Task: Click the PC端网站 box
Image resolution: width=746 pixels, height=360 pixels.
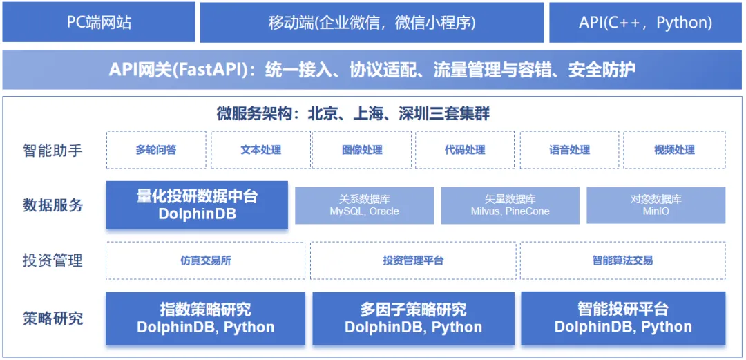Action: tap(99, 22)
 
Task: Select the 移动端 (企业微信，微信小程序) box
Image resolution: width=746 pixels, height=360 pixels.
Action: tap(372, 22)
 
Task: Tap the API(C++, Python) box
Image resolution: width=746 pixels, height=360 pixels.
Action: tap(646, 22)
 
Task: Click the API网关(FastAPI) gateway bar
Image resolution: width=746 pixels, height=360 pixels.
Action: tap(372, 70)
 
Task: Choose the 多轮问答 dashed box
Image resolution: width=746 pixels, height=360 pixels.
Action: tap(156, 150)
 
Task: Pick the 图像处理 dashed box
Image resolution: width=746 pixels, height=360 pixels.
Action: tap(361, 150)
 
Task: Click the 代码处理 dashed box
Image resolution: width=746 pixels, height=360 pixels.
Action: tap(464, 150)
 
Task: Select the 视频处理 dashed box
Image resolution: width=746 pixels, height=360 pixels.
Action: tap(674, 150)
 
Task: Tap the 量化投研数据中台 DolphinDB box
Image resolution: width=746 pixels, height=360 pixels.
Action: tap(197, 205)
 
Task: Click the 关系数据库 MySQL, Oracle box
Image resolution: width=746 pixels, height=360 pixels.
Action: tap(365, 205)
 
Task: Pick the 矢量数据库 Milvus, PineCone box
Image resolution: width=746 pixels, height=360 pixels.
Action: tap(510, 205)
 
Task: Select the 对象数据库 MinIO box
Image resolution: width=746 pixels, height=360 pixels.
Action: tap(656, 205)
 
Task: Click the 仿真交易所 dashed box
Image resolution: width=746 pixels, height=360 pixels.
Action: tap(206, 260)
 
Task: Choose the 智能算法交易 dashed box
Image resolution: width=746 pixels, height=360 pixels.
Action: tap(623, 260)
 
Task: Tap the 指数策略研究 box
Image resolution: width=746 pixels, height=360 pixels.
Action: tap(206, 318)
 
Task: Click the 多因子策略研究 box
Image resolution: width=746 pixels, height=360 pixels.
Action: tap(413, 318)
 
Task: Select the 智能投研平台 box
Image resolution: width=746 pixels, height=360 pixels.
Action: tap(623, 318)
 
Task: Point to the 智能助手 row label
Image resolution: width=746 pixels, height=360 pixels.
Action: tap(52, 151)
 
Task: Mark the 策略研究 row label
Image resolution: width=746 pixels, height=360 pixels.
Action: tap(52, 318)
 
